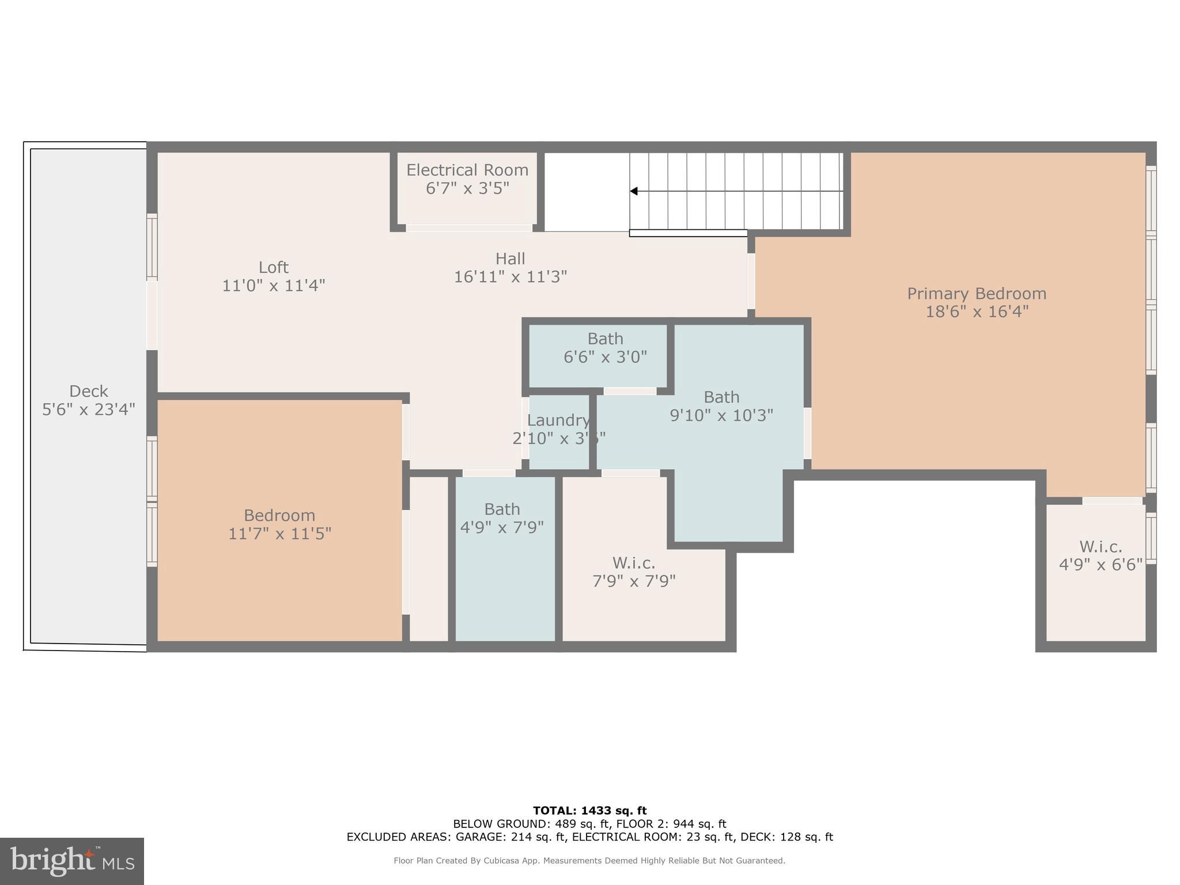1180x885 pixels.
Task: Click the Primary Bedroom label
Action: coord(976,293)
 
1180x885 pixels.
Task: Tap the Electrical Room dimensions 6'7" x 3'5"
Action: coord(467,188)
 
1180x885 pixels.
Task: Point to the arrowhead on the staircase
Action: coord(634,191)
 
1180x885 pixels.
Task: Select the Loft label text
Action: coord(273,267)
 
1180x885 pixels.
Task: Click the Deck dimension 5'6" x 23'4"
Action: coord(89,410)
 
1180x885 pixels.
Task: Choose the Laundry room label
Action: coord(558,421)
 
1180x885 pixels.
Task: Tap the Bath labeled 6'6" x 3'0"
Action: coord(605,348)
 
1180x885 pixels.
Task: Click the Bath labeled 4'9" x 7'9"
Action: coord(502,518)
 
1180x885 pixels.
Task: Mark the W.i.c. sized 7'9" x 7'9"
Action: coord(634,572)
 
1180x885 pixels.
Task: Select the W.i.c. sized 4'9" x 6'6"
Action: coord(1100,555)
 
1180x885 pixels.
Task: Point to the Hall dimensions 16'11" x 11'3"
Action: coord(510,277)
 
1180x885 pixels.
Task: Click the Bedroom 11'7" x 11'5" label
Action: coord(279,524)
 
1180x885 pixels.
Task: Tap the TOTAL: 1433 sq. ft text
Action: coord(589,811)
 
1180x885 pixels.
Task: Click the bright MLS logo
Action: coord(71,861)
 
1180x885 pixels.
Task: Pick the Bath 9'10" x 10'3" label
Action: coord(721,406)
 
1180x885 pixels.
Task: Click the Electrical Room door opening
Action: coord(469,228)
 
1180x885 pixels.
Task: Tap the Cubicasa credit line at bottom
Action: coord(589,861)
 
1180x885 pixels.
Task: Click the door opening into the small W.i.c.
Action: coord(1112,501)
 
